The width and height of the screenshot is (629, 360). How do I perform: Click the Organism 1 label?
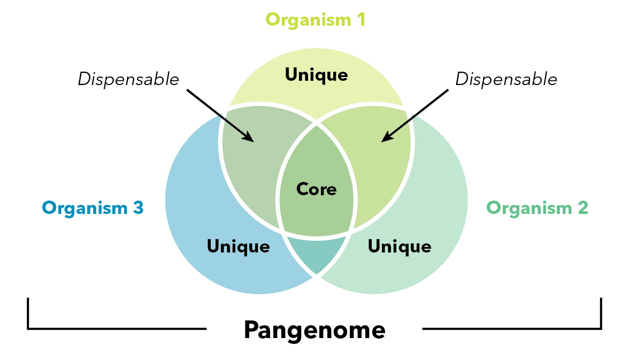[316, 20]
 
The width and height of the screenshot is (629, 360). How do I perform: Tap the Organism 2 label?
[537, 208]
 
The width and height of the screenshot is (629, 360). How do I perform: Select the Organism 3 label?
[93, 208]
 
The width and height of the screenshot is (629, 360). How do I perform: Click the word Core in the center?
[317, 189]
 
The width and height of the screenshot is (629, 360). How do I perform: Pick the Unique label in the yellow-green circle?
[316, 75]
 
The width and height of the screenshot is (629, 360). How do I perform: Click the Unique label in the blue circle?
[238, 247]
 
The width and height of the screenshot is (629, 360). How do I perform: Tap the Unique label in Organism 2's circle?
[400, 247]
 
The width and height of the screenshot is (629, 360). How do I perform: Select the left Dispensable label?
[128, 79]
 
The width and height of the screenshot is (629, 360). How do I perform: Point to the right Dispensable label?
[506, 79]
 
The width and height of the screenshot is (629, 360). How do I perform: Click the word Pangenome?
[314, 330]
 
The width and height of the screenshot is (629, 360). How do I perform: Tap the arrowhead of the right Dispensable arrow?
[385, 139]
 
